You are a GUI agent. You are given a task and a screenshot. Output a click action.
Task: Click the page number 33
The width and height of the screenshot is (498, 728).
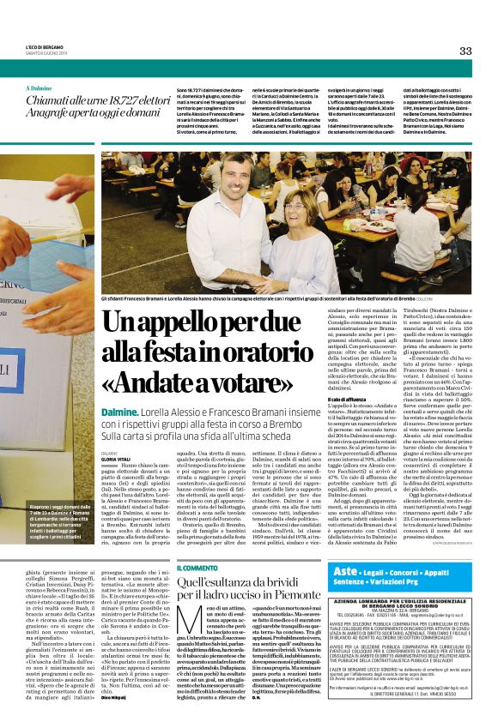(x=465, y=51)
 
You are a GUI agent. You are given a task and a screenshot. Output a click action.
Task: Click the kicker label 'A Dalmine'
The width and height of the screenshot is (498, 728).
(x=40, y=88)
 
